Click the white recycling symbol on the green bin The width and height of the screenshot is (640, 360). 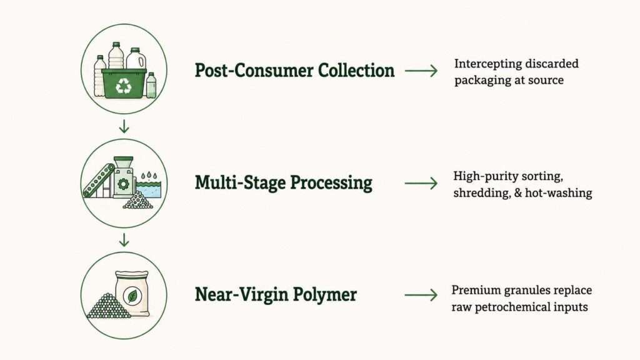coord(124,86)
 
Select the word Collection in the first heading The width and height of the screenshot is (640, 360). coord(356,70)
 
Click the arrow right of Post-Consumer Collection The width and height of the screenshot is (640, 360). coord(421,71)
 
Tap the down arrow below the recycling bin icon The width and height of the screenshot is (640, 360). coord(124,126)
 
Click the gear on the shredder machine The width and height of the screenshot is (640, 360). coord(123,184)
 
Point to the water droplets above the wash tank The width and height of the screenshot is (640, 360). coord(149,176)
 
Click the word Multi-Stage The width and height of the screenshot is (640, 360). coord(239,182)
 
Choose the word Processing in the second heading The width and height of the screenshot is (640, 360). coord(331,183)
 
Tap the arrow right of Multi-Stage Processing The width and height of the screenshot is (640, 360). coord(421,183)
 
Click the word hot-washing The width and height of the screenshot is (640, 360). coord(558,192)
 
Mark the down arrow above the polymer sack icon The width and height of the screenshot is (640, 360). coord(124,240)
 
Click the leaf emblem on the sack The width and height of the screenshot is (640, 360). coord(132,296)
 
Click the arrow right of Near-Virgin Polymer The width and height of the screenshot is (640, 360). coord(421,295)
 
